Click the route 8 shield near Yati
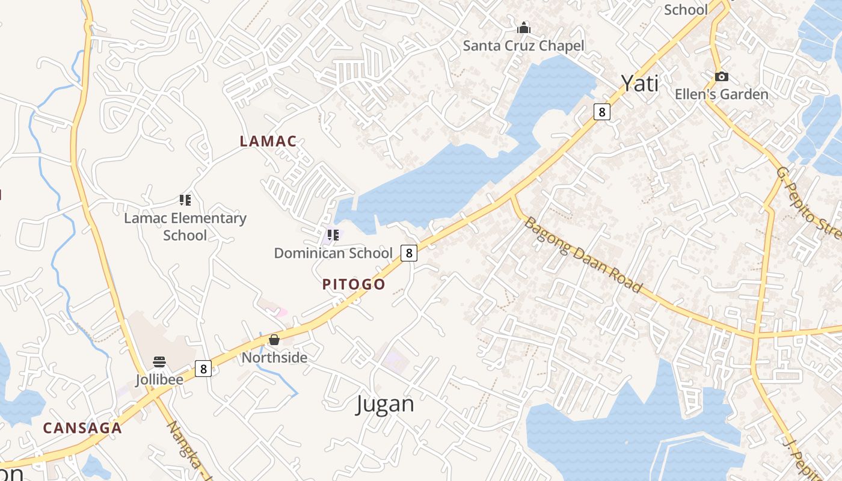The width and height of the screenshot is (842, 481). tap(601, 111)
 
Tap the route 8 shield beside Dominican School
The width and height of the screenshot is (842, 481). tap(409, 253)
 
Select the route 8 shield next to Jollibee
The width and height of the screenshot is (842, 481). tap(204, 369)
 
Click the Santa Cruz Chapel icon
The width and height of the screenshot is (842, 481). tap(524, 28)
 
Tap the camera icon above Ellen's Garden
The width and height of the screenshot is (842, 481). tap(721, 77)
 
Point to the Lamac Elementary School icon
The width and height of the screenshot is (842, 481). tap(185, 200)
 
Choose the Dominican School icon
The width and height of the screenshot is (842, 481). tap(333, 235)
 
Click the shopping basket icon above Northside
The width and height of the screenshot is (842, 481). tap(274, 340)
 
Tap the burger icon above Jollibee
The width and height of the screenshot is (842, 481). tap(159, 362)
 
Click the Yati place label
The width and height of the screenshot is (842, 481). tap(639, 84)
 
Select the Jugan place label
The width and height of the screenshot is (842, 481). tap(385, 403)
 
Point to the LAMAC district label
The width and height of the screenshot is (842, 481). tap(268, 141)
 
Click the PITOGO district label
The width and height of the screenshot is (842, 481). tap(354, 284)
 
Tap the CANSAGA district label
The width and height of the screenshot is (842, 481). tap(82, 428)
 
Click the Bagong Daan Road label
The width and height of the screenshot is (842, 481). tap(582, 254)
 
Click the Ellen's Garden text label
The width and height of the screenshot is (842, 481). tap(721, 94)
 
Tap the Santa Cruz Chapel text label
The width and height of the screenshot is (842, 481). tap(523, 46)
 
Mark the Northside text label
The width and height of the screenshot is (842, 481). tap(274, 358)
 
